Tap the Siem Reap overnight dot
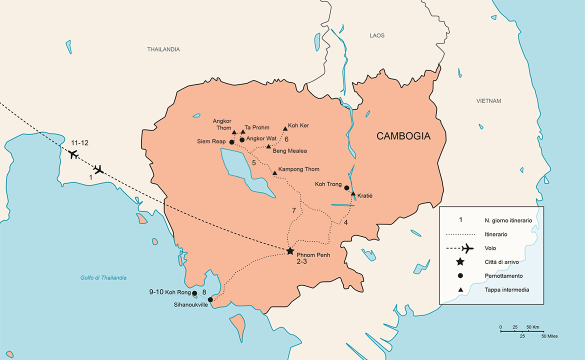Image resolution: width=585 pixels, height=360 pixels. (232, 142)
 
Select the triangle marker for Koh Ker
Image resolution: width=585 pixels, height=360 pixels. (285, 128)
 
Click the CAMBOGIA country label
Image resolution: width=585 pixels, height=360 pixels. (403, 136)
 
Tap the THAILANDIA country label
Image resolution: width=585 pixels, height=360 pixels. (163, 49)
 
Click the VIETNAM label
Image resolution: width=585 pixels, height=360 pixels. (488, 101)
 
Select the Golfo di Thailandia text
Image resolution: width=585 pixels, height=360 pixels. (103, 277)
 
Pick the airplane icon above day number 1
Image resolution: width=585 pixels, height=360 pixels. (98, 169)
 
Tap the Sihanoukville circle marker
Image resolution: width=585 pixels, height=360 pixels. (210, 300)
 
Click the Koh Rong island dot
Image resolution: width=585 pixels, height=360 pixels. (194, 293)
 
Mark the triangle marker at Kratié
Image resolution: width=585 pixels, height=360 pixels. (353, 193)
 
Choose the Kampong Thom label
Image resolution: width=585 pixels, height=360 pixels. (298, 169)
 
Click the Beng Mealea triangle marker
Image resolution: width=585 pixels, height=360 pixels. (268, 146)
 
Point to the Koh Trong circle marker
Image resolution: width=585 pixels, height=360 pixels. (346, 188)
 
